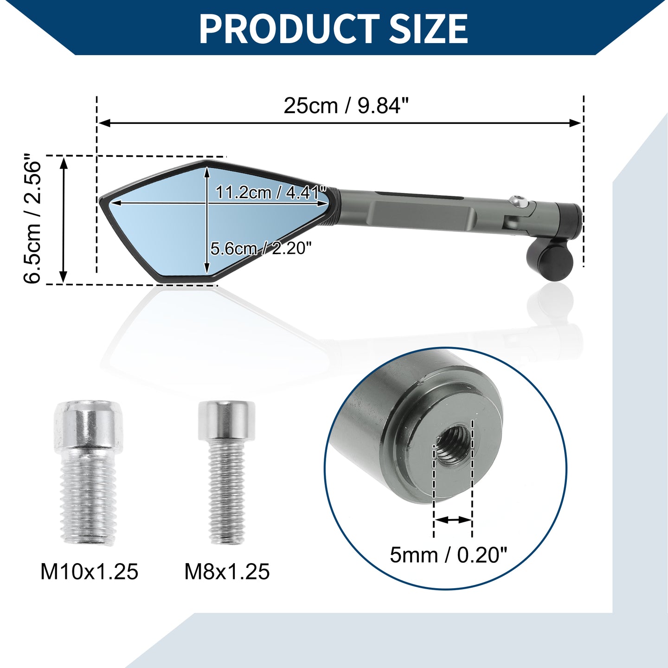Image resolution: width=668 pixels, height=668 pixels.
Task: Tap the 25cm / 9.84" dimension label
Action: click(x=347, y=106)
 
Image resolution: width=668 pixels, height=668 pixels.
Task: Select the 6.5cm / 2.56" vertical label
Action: click(x=32, y=219)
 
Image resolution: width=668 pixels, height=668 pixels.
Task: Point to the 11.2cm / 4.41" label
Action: click(x=271, y=193)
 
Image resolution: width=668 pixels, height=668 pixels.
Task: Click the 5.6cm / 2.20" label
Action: click(x=261, y=249)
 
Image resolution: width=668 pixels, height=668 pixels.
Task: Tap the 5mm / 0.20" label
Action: click(x=449, y=555)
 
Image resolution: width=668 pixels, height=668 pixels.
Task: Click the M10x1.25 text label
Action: click(x=90, y=572)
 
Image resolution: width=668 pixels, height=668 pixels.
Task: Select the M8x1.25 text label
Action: click(x=227, y=572)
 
